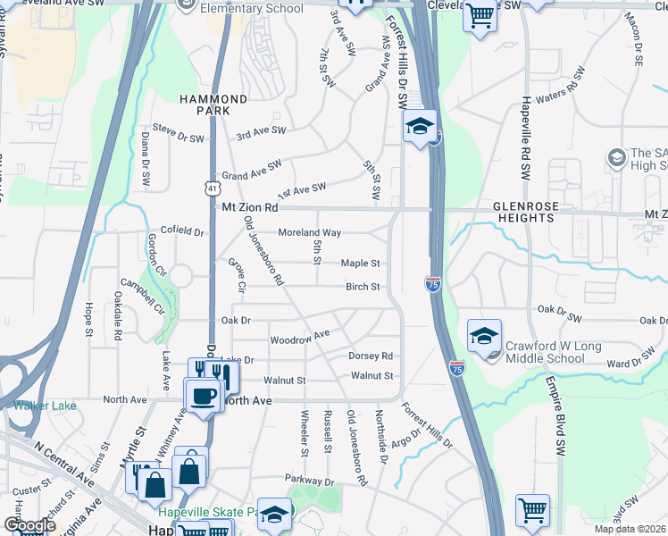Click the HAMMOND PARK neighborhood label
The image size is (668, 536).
[x=213, y=105]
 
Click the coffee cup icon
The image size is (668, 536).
[x=203, y=395]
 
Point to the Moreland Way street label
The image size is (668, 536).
[x=309, y=232]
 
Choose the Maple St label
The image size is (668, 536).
[x=361, y=264]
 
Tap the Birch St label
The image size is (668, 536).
[x=363, y=287]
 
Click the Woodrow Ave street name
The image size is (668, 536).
[x=300, y=338]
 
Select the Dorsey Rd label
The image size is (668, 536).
[x=370, y=356]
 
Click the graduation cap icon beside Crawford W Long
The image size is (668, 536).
[x=484, y=336]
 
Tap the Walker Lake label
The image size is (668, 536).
[x=45, y=405]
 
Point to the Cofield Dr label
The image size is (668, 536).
[x=181, y=231]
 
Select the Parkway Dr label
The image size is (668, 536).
[x=310, y=482]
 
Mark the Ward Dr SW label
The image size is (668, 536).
[x=630, y=364]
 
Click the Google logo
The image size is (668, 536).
[x=29, y=525]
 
